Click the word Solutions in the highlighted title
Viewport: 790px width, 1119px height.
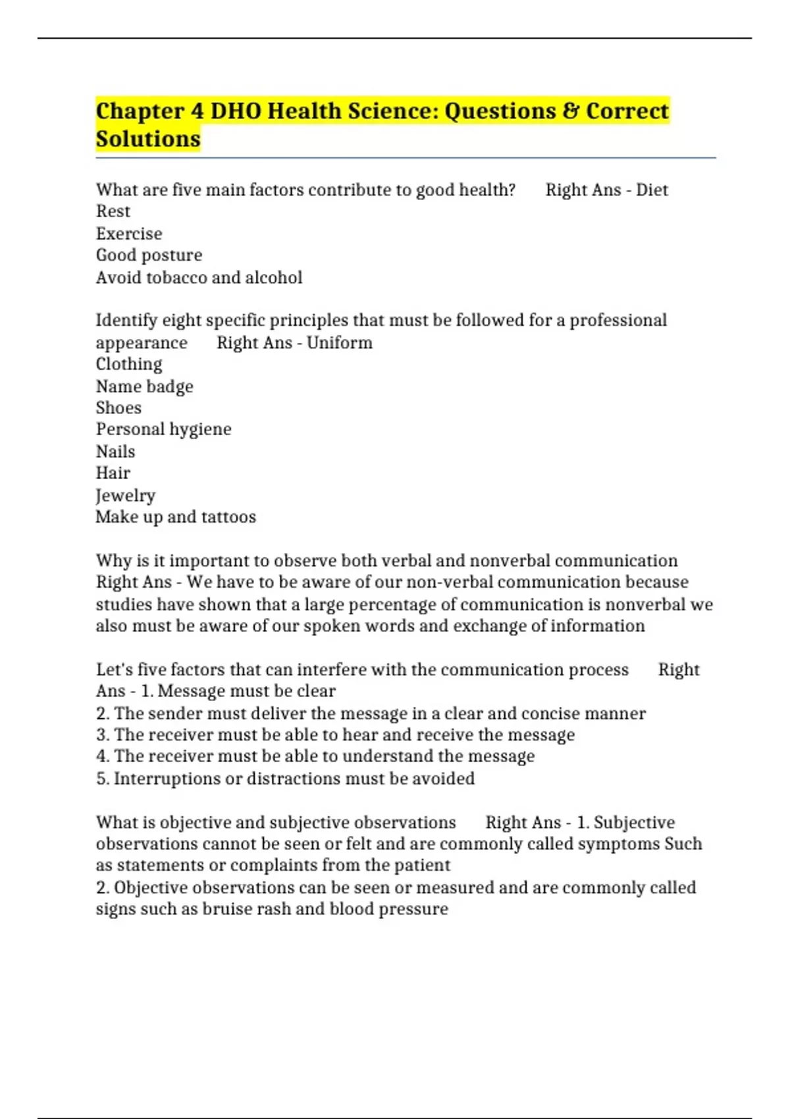pos(148,140)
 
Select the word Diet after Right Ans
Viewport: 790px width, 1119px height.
pos(652,190)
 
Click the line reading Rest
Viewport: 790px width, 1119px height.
pos(113,212)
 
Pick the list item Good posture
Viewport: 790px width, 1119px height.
pos(149,255)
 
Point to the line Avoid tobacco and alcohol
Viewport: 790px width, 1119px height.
pos(199,278)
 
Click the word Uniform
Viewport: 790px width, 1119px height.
pos(340,343)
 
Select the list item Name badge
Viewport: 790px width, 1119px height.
pos(144,386)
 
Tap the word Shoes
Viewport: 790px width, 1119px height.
pos(118,408)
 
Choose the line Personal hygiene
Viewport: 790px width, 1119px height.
pos(163,430)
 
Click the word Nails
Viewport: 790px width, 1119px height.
pos(115,452)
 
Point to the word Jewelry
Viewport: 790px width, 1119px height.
pos(125,496)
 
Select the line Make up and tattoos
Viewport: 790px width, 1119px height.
pos(176,517)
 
